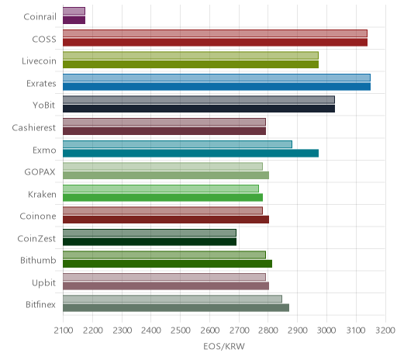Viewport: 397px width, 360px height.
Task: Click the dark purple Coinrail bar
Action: [x=74, y=20]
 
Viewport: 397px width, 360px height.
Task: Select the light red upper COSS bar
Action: [x=215, y=33]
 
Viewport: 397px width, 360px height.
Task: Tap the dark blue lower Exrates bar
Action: [x=216, y=87]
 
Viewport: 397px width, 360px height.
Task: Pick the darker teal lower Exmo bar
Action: [x=191, y=153]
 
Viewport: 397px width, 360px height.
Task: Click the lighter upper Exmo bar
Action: [x=178, y=144]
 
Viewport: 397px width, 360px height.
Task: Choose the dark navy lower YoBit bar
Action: [x=198, y=109]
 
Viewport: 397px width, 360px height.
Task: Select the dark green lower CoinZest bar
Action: [x=150, y=242]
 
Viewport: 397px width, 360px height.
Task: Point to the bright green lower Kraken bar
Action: [x=163, y=197]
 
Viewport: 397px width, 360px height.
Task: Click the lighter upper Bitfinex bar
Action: [x=172, y=299]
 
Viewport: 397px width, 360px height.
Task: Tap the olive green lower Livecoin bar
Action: [x=191, y=64]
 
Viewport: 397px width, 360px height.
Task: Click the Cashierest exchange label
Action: [x=34, y=127]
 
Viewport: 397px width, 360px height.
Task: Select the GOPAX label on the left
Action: [x=40, y=172]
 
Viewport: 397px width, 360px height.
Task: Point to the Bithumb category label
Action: [x=38, y=260]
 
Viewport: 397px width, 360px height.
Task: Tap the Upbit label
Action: [x=43, y=282]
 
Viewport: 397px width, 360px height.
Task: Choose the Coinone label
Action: [x=38, y=216]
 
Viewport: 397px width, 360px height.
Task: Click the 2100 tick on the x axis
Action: [x=64, y=331]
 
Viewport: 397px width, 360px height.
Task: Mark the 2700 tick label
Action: [x=239, y=331]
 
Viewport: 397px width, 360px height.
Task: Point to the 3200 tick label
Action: [x=385, y=331]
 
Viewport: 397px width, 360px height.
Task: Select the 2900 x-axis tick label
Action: [x=298, y=331]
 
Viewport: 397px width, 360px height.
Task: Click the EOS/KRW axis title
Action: [x=224, y=346]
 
